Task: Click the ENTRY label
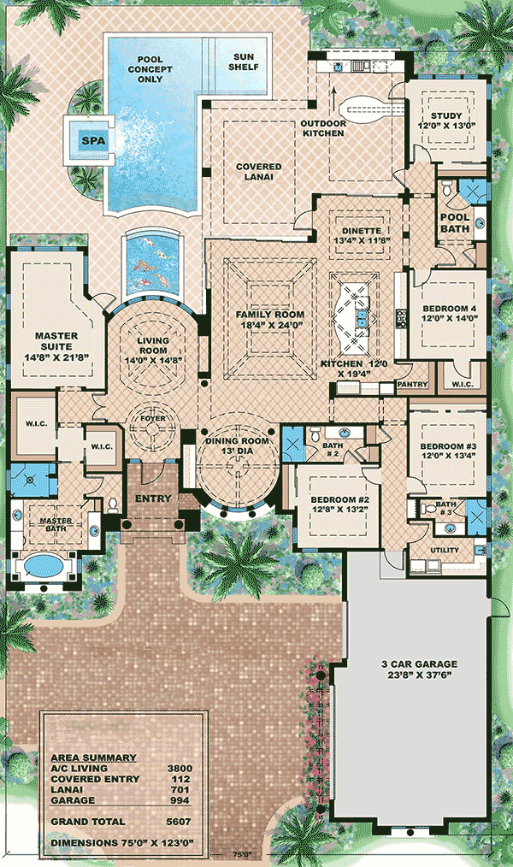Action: tap(153, 498)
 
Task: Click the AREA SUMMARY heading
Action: tap(93, 758)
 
